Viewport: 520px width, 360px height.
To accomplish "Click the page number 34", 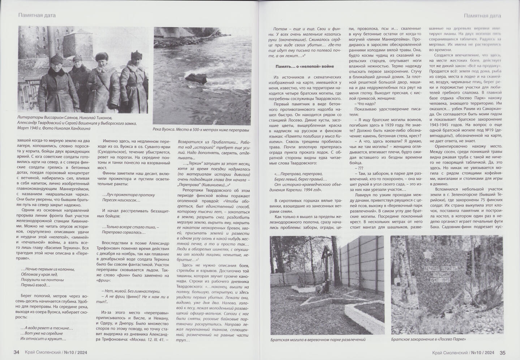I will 16,352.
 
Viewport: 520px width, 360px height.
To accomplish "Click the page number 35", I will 503,352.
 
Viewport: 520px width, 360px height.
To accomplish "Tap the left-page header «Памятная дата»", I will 37,15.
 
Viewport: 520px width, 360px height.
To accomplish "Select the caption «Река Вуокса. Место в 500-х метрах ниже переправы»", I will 201,130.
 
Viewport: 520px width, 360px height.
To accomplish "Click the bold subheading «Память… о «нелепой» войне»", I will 305,66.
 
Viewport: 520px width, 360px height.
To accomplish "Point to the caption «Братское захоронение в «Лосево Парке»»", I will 428,339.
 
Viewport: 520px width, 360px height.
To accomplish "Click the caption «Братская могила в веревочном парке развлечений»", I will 318,339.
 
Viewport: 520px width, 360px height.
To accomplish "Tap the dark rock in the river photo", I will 196,79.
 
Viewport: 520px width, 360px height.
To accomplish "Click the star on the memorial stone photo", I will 428,255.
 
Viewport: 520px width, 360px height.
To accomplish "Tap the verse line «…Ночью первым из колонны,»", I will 48,269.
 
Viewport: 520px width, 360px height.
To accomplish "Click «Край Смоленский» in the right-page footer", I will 450,352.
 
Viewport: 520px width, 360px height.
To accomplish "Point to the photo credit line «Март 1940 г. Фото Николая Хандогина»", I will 54,128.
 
